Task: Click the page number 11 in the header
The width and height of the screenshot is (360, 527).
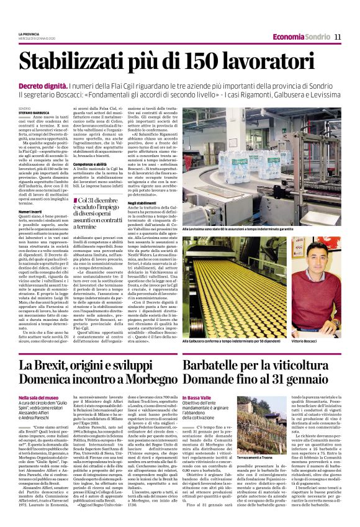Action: pyautogui.click(x=338, y=37)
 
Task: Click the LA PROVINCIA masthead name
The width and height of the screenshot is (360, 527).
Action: pyautogui.click(x=29, y=34)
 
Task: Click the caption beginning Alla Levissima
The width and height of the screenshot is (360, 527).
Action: pyautogui.click(x=261, y=230)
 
